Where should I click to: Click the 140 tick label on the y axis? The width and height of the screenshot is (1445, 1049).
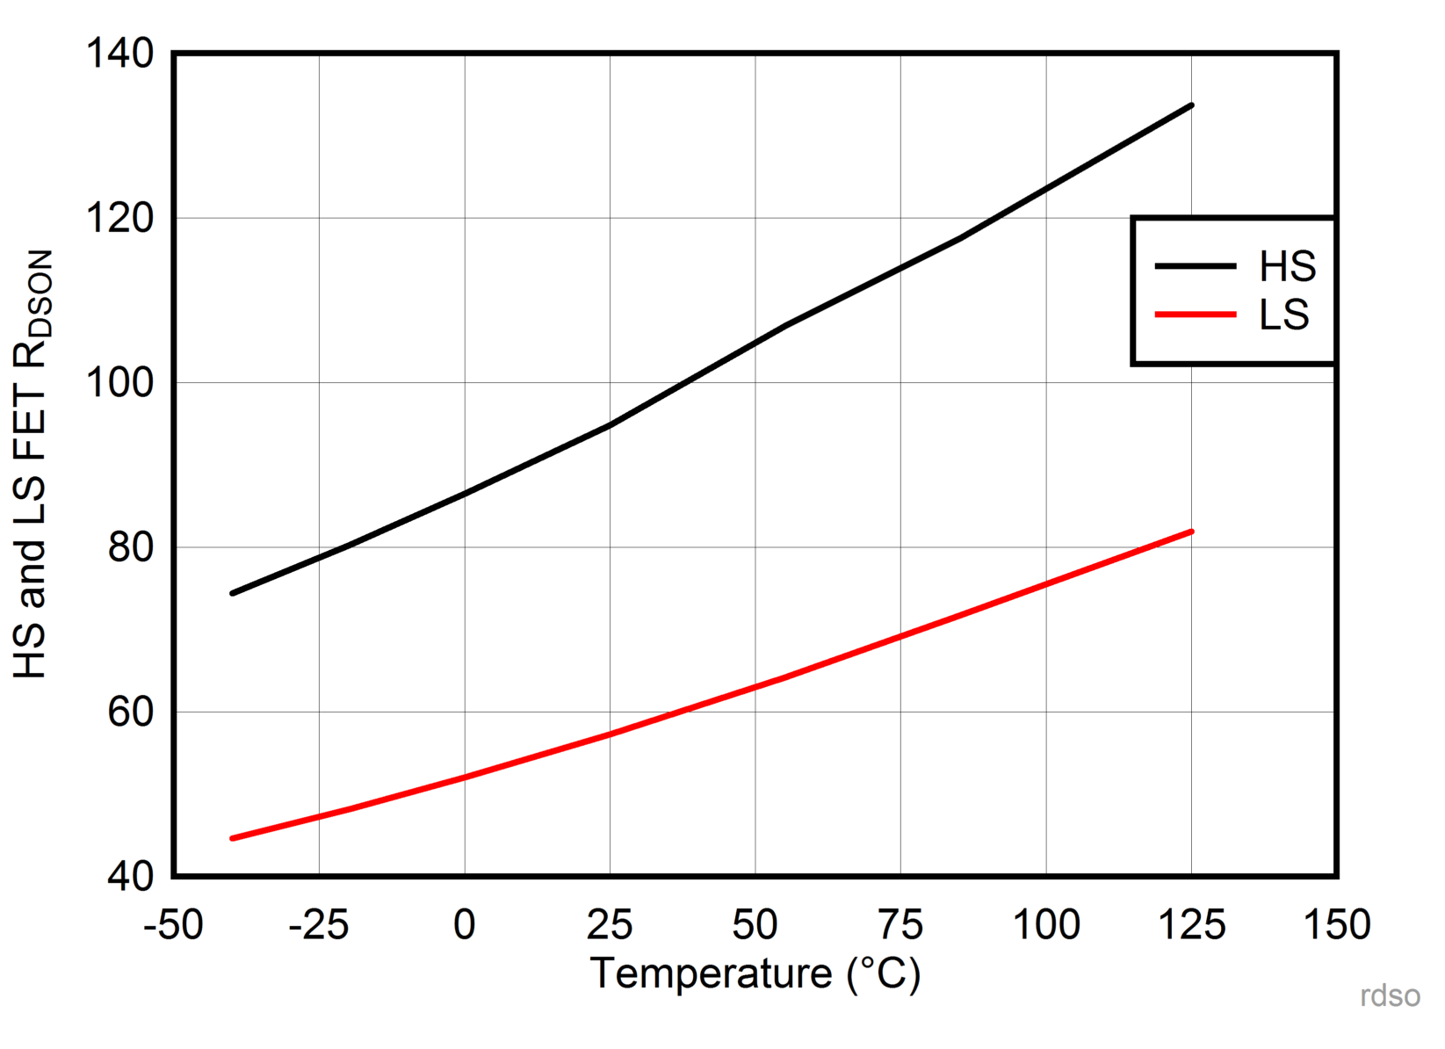tap(119, 54)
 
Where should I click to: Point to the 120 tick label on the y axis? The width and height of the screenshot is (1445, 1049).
tap(119, 218)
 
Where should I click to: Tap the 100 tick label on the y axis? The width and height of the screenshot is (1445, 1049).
tap(119, 383)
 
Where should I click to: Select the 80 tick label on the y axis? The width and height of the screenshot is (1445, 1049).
tap(130, 547)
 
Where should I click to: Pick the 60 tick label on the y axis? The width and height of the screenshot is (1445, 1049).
tap(130, 712)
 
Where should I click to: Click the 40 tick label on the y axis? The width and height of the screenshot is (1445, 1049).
tap(130, 877)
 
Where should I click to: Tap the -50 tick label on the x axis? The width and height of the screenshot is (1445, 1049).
tap(173, 925)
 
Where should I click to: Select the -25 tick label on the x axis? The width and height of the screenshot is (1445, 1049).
tap(318, 925)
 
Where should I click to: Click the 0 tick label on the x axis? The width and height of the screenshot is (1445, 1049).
tap(465, 925)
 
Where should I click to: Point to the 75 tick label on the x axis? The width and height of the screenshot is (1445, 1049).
tap(900, 925)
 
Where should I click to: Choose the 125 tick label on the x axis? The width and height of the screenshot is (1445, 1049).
tap(1192, 925)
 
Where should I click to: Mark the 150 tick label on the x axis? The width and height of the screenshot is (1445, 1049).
tap(1337, 925)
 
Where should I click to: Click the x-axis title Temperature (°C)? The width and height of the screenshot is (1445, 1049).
tap(755, 974)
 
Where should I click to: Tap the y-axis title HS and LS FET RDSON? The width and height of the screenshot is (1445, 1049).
tap(32, 464)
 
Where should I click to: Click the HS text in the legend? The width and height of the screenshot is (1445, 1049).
tap(1287, 266)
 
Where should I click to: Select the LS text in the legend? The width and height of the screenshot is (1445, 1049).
tap(1283, 315)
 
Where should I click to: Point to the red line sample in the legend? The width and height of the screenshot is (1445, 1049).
tap(1195, 315)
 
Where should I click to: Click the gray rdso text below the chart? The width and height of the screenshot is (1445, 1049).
tap(1390, 995)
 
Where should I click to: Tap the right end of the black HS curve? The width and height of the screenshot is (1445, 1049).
tap(1191, 105)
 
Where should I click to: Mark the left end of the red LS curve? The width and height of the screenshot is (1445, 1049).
tap(233, 838)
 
